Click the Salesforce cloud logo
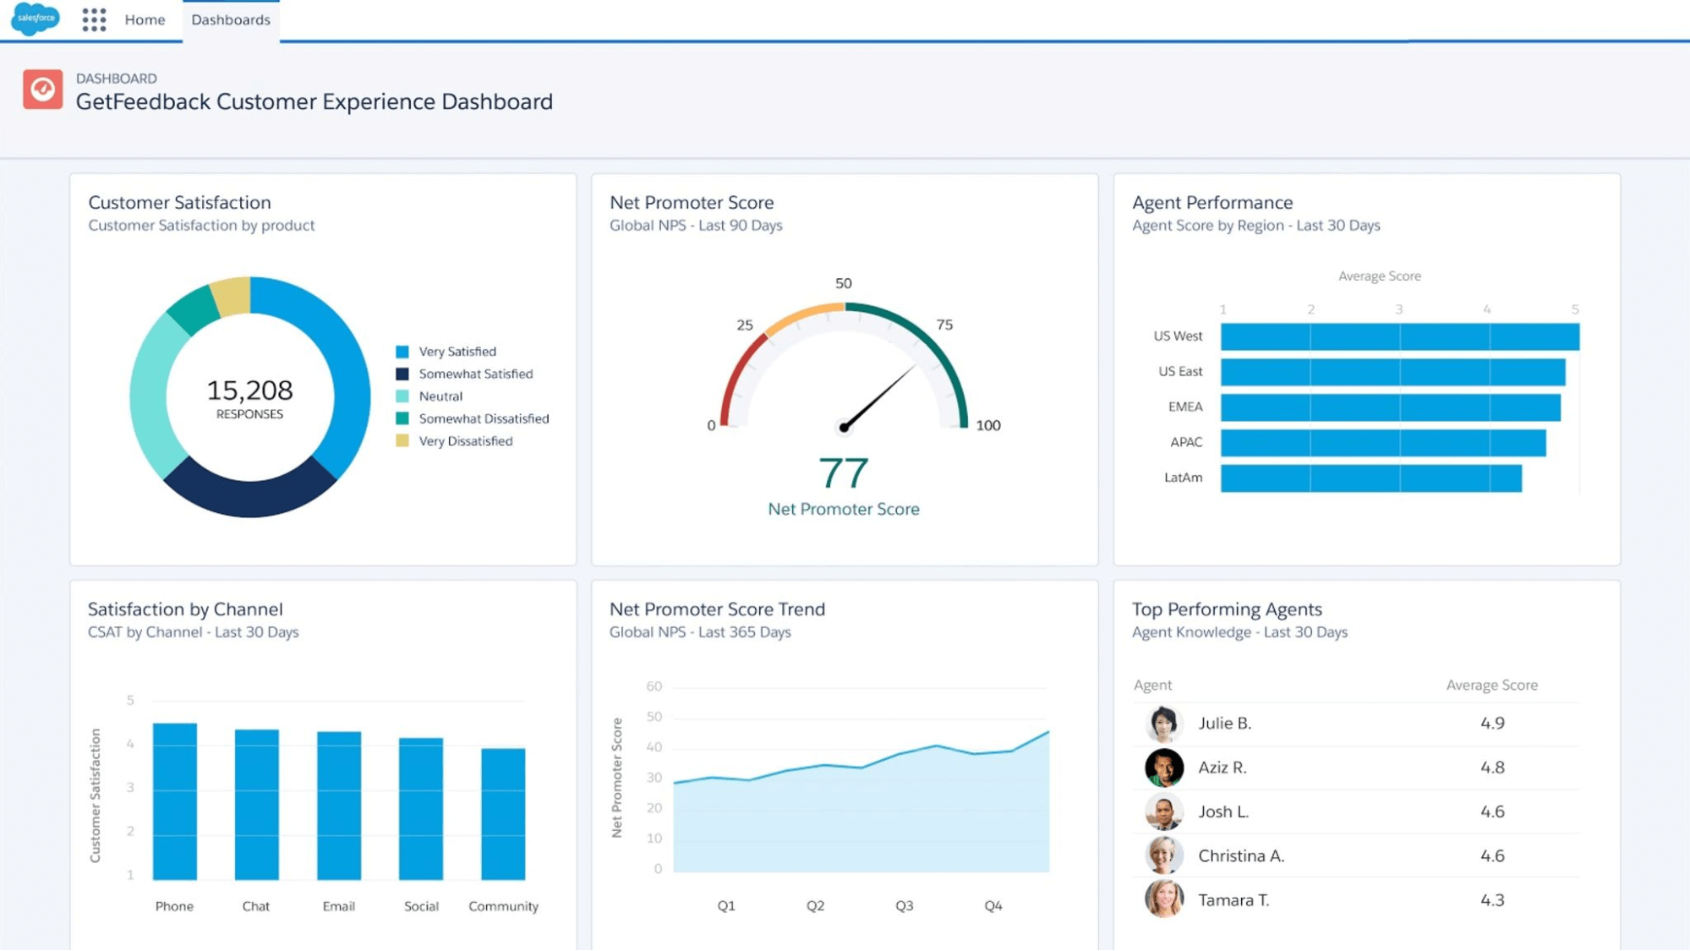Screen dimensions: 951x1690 tap(36, 19)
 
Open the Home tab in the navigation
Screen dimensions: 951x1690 tap(145, 19)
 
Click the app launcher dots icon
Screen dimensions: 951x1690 tap(94, 19)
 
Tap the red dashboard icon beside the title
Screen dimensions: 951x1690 tap(43, 90)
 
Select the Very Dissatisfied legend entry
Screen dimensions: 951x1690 tap(465, 441)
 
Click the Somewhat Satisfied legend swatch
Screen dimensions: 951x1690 tap(402, 374)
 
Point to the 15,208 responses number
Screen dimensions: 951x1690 tap(249, 391)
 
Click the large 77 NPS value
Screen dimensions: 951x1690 tap(843, 473)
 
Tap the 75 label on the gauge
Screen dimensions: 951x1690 tap(944, 325)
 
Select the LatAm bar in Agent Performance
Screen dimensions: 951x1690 tap(1370, 478)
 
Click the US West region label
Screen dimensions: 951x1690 tap(1178, 336)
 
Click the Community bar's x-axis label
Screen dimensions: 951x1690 tap(503, 906)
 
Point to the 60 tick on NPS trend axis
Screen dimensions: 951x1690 tap(654, 686)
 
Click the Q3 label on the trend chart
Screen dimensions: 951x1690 tap(904, 905)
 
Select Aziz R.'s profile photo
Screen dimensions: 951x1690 tap(1163, 768)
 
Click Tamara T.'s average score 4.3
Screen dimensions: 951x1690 tap(1491, 900)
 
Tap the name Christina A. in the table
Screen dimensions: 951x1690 tap(1240, 856)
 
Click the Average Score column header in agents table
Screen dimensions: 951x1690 tap(1491, 686)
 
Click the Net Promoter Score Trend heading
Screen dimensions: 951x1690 tap(717, 609)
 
